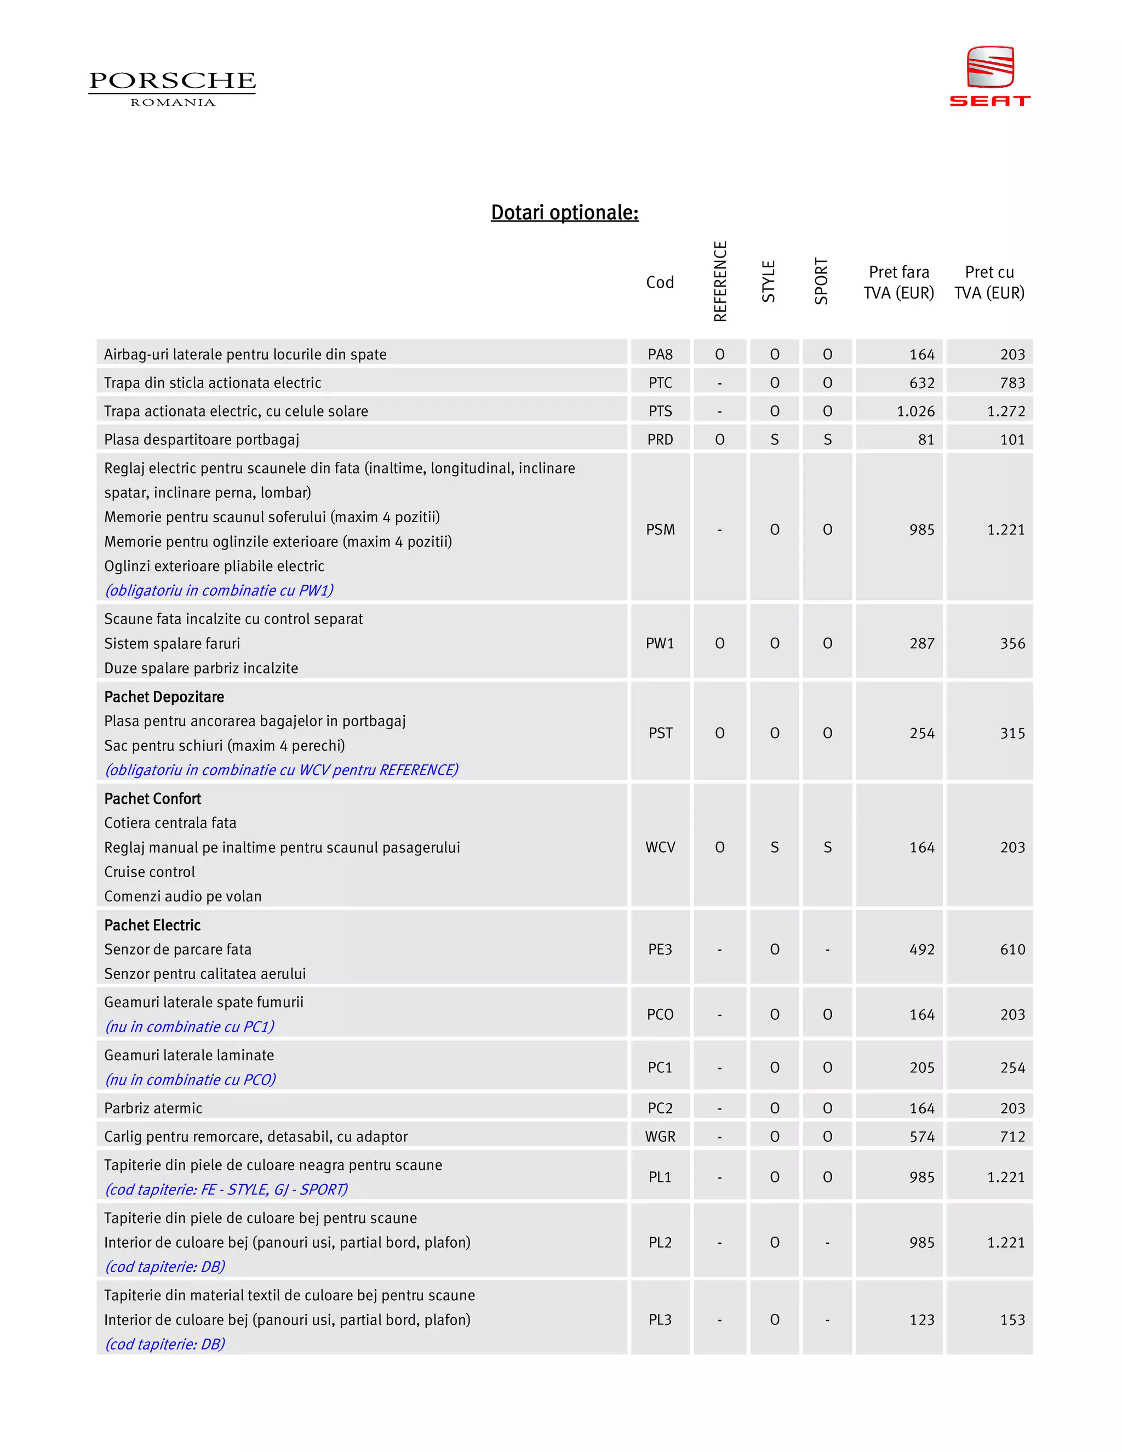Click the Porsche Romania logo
coord(172,88)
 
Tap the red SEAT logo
coord(990,76)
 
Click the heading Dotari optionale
coord(564,212)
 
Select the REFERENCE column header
coord(720,281)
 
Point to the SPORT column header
coord(822,281)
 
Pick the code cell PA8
coord(660,355)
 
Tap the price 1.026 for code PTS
coord(915,411)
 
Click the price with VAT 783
coord(1012,383)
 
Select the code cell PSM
coord(660,530)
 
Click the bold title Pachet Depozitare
coord(164,697)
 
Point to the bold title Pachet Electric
coord(152,925)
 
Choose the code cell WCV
coord(660,847)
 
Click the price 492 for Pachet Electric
coord(922,950)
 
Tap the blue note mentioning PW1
coord(219,590)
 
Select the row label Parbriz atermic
coord(153,1108)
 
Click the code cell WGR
coord(660,1137)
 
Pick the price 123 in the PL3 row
coord(922,1320)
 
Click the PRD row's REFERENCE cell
coord(720,439)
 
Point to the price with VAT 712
coord(1012,1137)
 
